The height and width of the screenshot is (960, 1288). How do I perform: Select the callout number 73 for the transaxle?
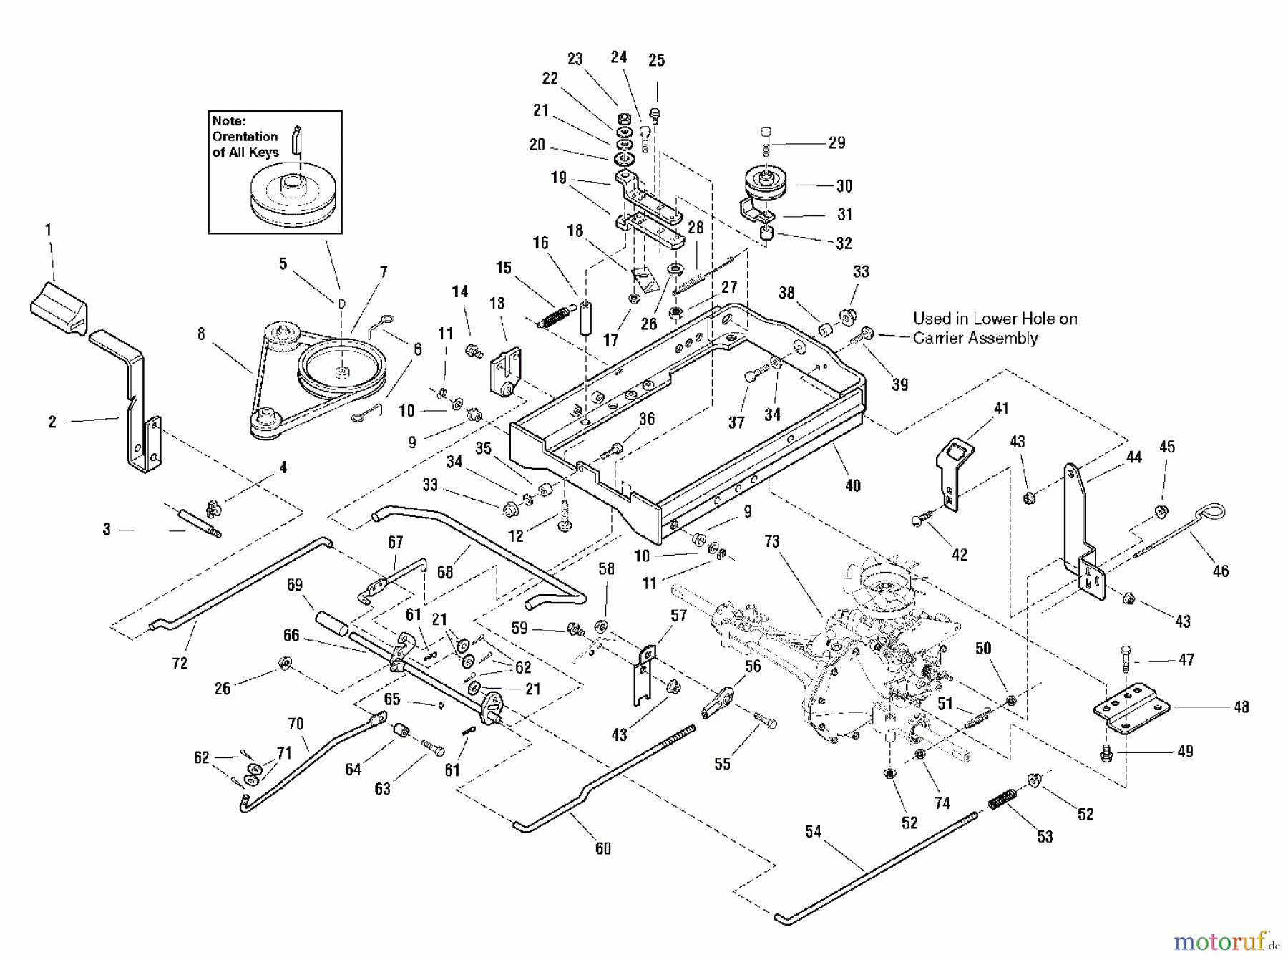pyautogui.click(x=771, y=542)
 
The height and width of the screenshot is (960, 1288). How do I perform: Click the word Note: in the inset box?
pyautogui.click(x=228, y=121)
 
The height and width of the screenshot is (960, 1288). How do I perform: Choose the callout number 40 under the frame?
pyautogui.click(x=852, y=486)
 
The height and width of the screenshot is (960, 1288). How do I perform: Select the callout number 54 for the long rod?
pyautogui.click(x=813, y=831)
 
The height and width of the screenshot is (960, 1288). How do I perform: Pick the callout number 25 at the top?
pyautogui.click(x=656, y=61)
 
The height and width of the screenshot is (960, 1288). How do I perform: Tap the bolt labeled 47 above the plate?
pyautogui.click(x=1124, y=659)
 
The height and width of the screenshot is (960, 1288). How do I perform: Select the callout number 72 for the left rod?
pyautogui.click(x=180, y=663)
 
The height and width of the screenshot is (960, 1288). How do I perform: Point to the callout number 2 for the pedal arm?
pyautogui.click(x=52, y=422)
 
